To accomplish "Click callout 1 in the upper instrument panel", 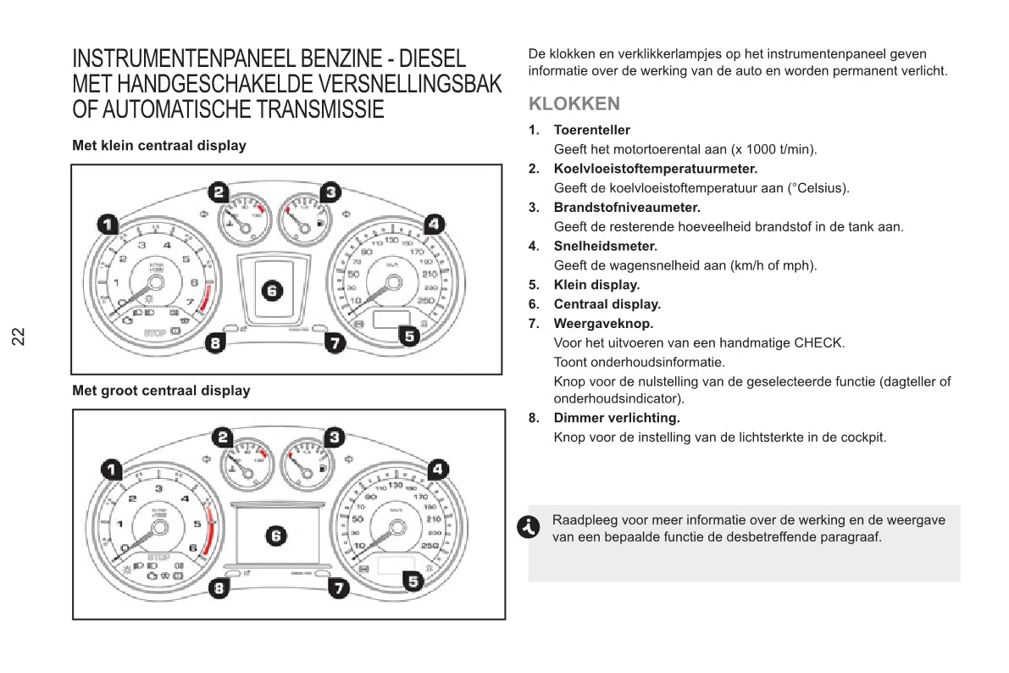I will click(107, 225).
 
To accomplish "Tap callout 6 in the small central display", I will click(272, 291).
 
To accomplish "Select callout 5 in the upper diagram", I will click(409, 336).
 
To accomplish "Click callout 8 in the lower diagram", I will click(219, 587).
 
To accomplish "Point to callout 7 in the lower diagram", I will click(338, 587).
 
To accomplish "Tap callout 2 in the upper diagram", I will click(219, 192).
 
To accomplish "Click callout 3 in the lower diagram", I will click(335, 437).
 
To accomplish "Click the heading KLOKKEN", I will click(574, 104).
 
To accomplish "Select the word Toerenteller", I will click(591, 131).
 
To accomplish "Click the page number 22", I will click(19, 336).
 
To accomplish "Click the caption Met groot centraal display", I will click(161, 392).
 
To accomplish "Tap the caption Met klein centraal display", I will click(159, 146).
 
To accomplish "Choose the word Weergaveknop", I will click(603, 324).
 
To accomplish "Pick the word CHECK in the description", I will click(818, 343).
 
